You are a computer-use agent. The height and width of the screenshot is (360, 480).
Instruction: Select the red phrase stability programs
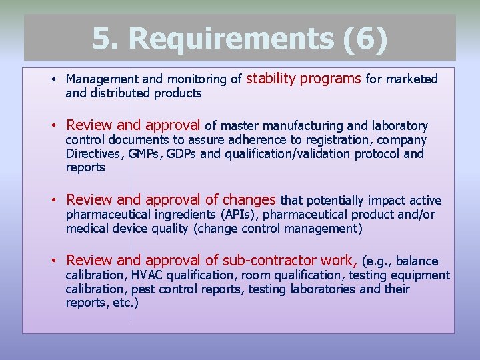point(303,79)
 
